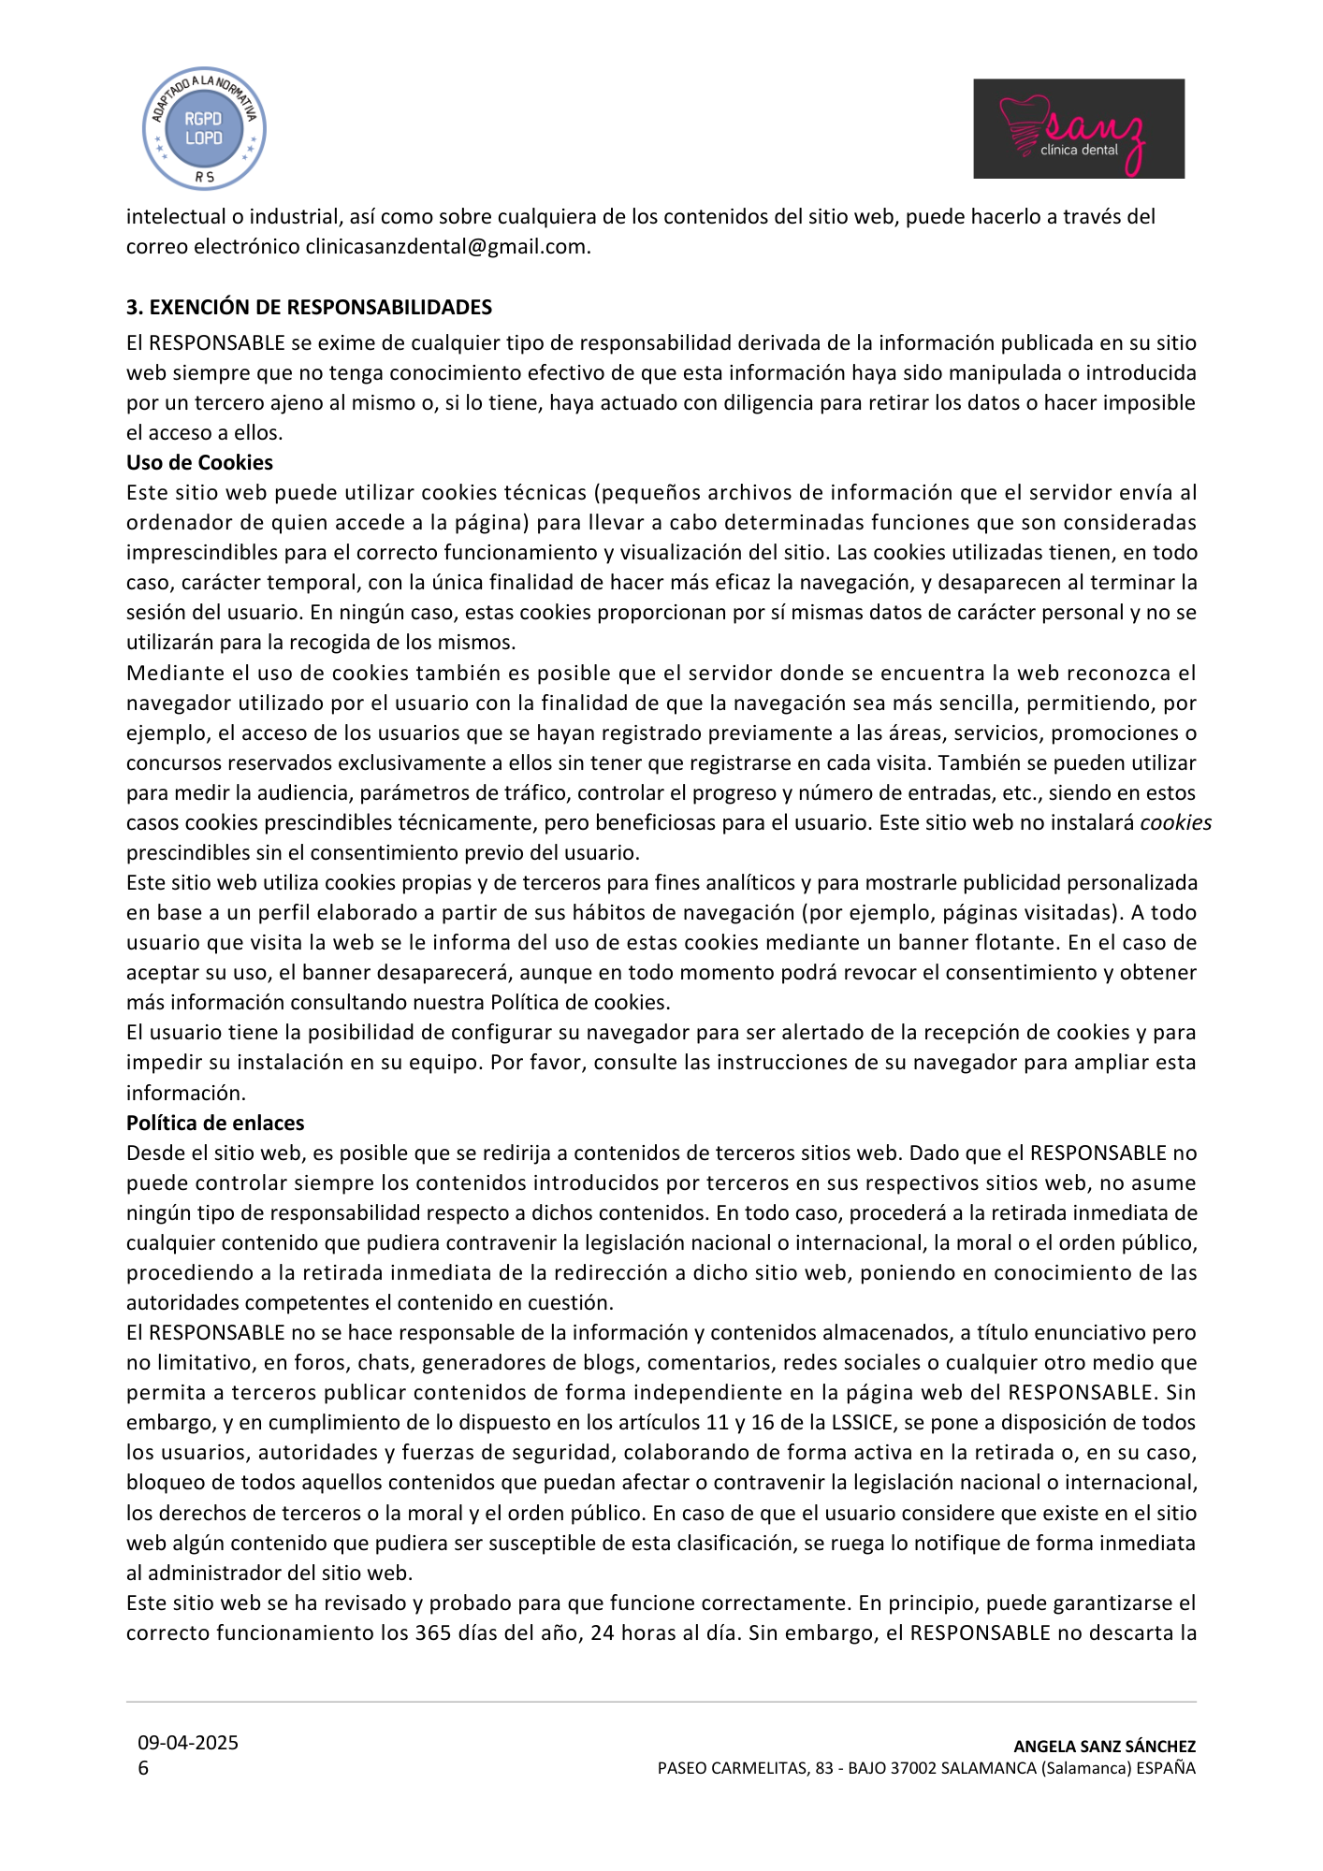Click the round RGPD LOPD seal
click(x=204, y=129)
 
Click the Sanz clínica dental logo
click(x=1078, y=129)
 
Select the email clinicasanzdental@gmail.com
click(x=445, y=247)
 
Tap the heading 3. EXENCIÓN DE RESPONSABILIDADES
click(x=309, y=308)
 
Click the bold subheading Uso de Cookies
click(x=199, y=462)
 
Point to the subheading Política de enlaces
click(x=215, y=1123)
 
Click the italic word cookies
click(x=1175, y=822)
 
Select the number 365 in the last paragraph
click(x=433, y=1632)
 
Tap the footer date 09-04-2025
click(x=188, y=1743)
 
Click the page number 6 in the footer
click(x=143, y=1768)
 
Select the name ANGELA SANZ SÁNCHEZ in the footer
click(x=1104, y=1747)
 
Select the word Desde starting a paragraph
click(x=153, y=1153)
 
